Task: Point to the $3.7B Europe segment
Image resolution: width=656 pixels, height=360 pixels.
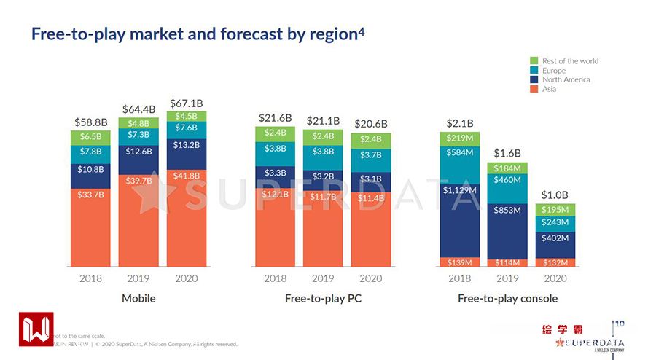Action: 370,154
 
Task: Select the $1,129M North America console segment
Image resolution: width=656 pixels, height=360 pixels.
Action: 461,189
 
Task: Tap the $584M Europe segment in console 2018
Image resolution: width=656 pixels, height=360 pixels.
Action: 461,152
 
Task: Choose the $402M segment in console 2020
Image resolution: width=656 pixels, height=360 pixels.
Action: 555,238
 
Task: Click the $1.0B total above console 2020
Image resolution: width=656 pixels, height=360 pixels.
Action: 555,195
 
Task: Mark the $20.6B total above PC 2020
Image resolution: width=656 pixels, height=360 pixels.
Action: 370,124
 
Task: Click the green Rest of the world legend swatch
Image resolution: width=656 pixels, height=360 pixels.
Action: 534,60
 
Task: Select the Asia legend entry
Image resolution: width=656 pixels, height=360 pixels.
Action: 549,89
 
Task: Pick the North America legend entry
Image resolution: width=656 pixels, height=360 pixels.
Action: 566,79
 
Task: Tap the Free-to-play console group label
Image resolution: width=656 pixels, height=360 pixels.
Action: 507,298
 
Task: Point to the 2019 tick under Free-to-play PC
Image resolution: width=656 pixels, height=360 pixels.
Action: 323,278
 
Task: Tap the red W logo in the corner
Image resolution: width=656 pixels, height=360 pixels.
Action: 36,330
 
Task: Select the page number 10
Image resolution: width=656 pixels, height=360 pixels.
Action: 620,324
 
